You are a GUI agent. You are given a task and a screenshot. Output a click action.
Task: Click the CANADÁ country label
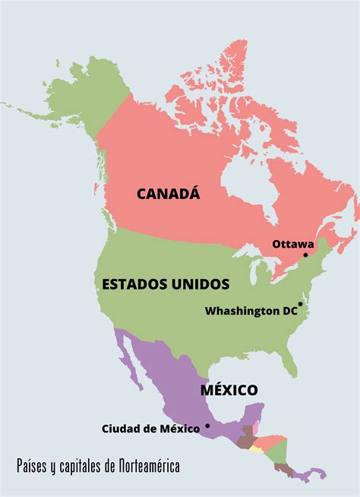pyautogui.click(x=168, y=194)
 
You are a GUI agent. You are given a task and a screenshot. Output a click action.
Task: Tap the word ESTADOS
pyautogui.click(x=134, y=284)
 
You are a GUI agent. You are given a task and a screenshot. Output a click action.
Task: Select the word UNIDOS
pyautogui.click(x=199, y=284)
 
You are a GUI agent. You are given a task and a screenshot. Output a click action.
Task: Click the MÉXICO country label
pyautogui.click(x=229, y=390)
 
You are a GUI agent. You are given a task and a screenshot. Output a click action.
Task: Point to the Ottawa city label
pyautogui.click(x=292, y=244)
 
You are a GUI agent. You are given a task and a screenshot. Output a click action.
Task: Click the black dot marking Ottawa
pyautogui.click(x=306, y=255)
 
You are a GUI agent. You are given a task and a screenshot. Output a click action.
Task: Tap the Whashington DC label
pyautogui.click(x=253, y=311)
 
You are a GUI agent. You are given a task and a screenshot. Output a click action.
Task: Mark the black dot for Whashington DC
pyautogui.click(x=300, y=304)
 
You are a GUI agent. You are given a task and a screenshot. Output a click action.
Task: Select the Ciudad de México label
pyautogui.click(x=150, y=429)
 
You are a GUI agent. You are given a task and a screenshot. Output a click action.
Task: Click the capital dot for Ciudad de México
pyautogui.click(x=207, y=426)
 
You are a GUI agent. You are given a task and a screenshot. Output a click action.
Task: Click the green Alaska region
pyautogui.click(x=99, y=99)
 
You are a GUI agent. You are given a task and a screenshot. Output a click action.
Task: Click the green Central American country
pyautogui.click(x=279, y=451)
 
